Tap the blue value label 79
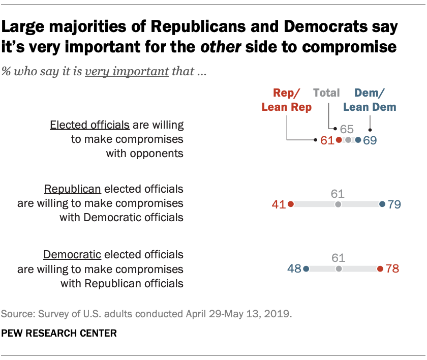click(394, 204)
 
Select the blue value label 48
click(294, 268)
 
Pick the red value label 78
click(392, 268)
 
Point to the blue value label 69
click(370, 140)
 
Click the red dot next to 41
click(291, 204)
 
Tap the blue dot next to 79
click(382, 204)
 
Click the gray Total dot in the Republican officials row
click(338, 204)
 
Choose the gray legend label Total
click(326, 93)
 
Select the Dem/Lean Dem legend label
click(369, 100)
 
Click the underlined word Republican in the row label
click(73, 189)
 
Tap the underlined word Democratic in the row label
click(73, 254)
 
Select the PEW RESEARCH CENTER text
click(59, 334)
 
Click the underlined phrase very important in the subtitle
click(127, 71)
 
